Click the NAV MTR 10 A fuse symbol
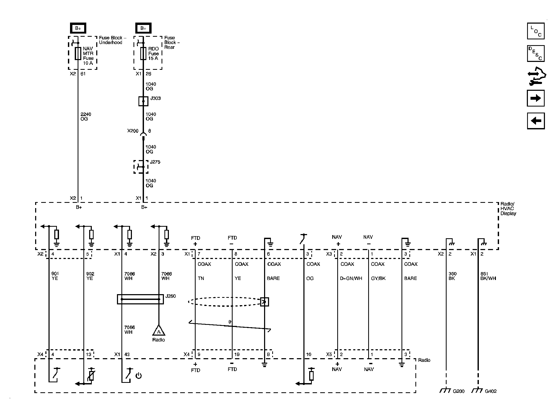tap(78, 54)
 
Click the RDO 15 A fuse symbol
tap(143, 54)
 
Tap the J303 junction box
tap(143, 101)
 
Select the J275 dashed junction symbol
tap(141, 167)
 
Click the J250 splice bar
tap(140, 299)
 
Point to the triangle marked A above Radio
tap(159, 331)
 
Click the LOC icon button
tap(535, 31)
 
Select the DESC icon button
tap(535, 54)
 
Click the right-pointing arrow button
tap(535, 98)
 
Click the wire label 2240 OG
tap(86, 117)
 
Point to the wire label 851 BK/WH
tap(488, 276)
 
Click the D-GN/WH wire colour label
tap(351, 278)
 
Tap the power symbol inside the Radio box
tap(138, 376)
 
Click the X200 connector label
tap(133, 131)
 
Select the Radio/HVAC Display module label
tap(508, 209)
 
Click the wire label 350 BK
tap(453, 276)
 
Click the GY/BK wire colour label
tap(378, 278)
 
